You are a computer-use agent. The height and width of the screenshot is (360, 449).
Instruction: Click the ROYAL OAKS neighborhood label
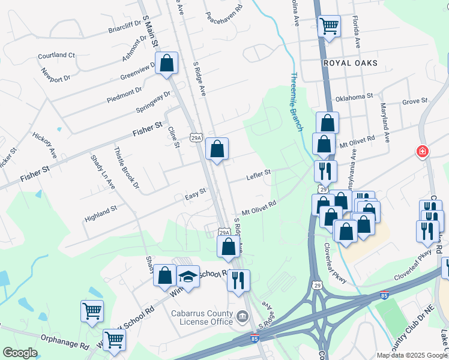pyautogui.click(x=350, y=63)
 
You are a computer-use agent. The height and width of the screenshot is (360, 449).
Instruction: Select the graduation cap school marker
pyautogui.click(x=188, y=277)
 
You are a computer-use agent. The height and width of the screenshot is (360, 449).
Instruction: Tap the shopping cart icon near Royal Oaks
pyautogui.click(x=329, y=26)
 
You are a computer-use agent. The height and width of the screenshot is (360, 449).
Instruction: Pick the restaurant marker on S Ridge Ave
pyautogui.click(x=238, y=280)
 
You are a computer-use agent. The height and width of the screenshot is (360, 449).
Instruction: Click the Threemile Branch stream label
pyautogui.click(x=298, y=100)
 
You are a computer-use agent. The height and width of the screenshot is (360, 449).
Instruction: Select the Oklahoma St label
pyautogui.click(x=354, y=96)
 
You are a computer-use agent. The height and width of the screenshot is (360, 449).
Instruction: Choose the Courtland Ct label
pyautogui.click(x=56, y=55)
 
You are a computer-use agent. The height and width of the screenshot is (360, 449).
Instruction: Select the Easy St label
pyautogui.click(x=195, y=194)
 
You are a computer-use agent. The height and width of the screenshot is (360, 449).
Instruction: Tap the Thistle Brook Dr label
pyautogui.click(x=126, y=169)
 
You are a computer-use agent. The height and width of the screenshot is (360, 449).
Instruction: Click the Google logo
pyautogui.click(x=20, y=353)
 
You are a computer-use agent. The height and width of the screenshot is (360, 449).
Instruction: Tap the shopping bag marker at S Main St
pyautogui.click(x=166, y=63)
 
